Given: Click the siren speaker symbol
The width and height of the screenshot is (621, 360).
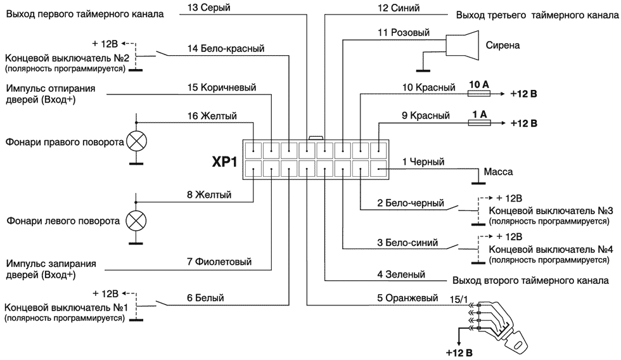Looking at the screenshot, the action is (x=462, y=45).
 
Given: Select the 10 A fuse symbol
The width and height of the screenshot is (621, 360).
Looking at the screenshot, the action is (x=479, y=94).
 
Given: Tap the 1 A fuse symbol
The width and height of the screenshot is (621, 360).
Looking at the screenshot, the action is (x=479, y=123).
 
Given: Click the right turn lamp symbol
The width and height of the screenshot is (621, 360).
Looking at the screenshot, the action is (x=136, y=141).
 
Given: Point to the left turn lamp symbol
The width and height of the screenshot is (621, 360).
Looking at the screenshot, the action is (x=136, y=221).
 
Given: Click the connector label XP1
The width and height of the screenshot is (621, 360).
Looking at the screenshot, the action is (x=224, y=162).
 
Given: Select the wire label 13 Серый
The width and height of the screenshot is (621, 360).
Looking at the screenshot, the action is (x=208, y=8).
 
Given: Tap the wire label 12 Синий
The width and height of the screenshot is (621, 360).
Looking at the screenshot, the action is (x=399, y=8).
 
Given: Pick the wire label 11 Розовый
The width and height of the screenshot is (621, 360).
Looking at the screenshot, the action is (x=404, y=32).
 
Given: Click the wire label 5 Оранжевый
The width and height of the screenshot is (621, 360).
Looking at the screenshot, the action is (x=407, y=298).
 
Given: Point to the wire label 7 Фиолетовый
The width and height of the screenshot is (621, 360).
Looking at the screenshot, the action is (x=219, y=262).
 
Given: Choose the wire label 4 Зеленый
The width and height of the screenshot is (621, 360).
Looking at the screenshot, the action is (x=401, y=274).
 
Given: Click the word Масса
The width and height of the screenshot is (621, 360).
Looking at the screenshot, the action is (x=498, y=172).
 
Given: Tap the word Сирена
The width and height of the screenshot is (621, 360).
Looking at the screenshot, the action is (x=503, y=45).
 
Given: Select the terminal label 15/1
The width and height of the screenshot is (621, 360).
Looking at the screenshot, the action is (x=459, y=299).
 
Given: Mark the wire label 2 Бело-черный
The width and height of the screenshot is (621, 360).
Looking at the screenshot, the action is (x=411, y=203).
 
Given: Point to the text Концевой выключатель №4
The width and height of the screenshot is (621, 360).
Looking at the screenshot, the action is (x=551, y=250).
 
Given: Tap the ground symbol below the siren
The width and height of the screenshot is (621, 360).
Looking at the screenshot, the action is (x=423, y=71).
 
